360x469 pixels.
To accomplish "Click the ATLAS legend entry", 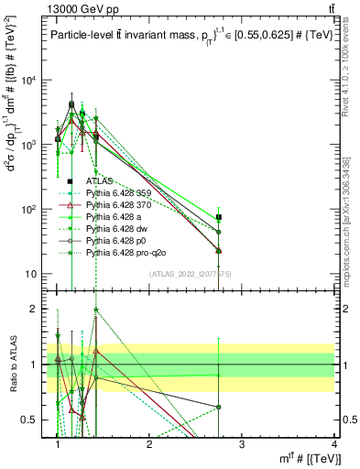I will coord(99,181).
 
